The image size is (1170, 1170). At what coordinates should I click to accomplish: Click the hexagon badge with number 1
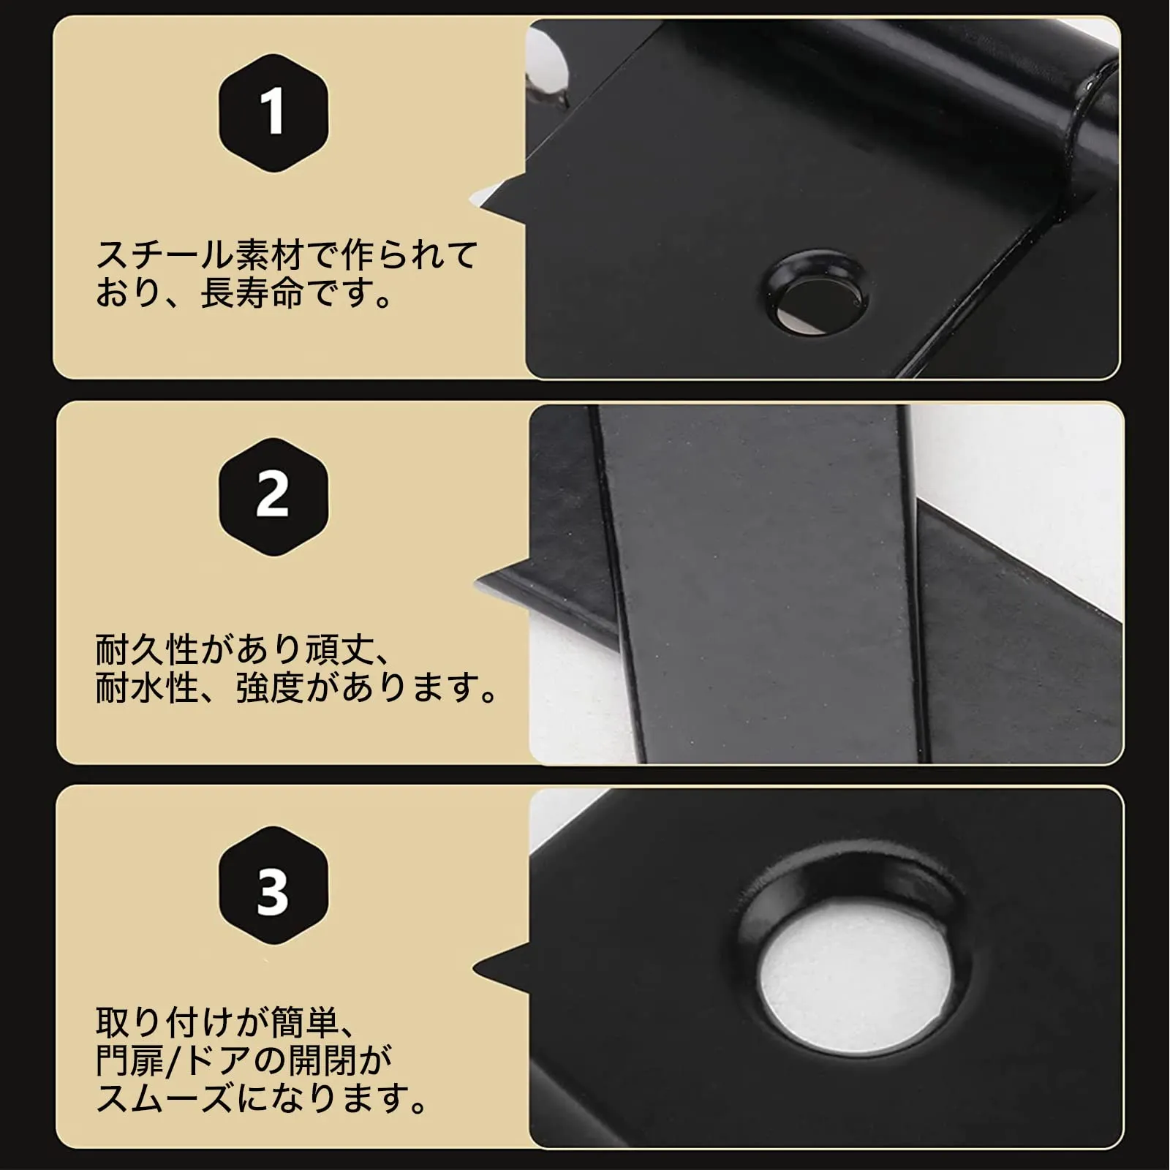click(273, 113)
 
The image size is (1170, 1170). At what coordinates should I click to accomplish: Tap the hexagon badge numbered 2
click(273, 497)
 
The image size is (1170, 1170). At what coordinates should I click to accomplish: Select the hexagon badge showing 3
click(273, 886)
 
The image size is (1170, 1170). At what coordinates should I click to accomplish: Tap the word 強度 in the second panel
click(270, 687)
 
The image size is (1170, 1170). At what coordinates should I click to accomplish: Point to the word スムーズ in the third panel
click(165, 1099)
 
